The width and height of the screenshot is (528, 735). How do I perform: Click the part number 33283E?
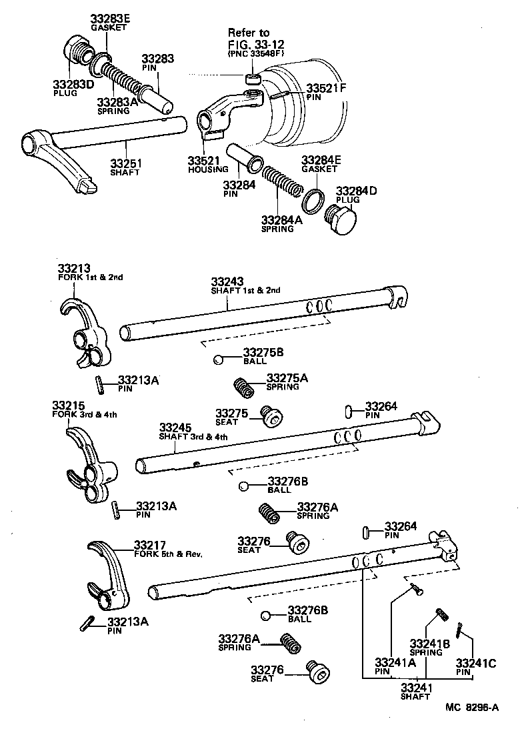[110, 18]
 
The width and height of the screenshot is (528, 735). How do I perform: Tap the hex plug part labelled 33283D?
[79, 53]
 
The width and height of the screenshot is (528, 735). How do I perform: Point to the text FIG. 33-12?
[255, 44]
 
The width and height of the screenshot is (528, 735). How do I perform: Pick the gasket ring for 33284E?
[314, 199]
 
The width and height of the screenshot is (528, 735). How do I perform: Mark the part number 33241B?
[430, 643]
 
